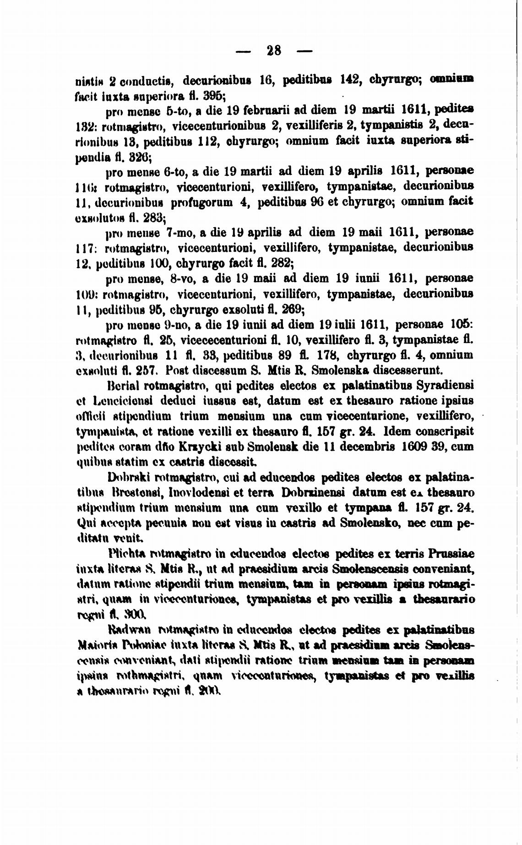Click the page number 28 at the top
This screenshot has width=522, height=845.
click(274, 50)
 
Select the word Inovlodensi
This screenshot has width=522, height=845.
click(199, 493)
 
